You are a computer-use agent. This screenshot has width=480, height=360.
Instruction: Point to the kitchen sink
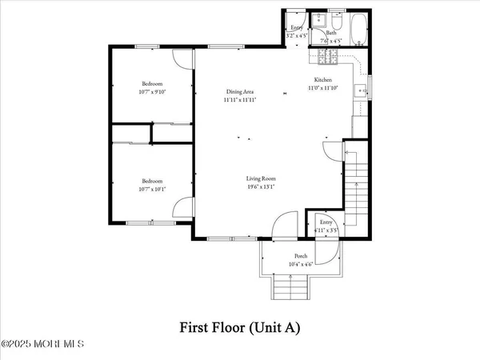[361, 87]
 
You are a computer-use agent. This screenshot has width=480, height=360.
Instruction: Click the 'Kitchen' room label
[322, 80]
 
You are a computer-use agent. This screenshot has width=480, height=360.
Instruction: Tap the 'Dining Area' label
[239, 93]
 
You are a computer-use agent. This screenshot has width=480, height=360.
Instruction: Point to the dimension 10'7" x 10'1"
[152, 188]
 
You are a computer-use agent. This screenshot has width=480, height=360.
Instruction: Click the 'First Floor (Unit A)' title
[240, 327]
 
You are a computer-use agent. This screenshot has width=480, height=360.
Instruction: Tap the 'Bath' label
[330, 34]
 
